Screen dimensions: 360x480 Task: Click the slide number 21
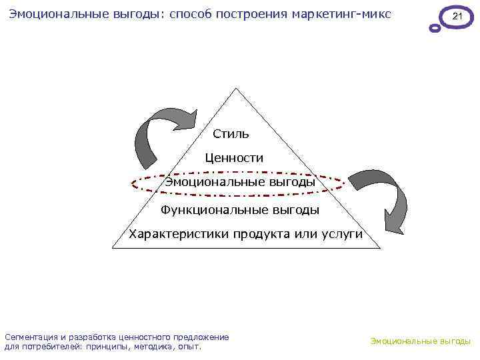point(457,16)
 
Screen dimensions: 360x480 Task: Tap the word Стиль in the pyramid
point(231,134)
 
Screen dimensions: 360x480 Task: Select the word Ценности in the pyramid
point(234,159)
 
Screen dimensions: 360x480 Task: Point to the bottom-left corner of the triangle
point(113,248)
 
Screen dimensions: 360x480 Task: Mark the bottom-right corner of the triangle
point(380,248)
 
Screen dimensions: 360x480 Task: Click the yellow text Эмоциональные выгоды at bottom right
point(421,341)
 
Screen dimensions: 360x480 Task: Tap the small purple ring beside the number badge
point(435,29)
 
